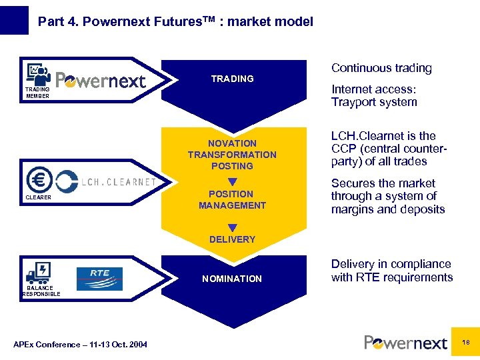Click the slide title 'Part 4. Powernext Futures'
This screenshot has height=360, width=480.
coord(175,21)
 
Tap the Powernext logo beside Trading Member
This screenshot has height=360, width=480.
coord(101,80)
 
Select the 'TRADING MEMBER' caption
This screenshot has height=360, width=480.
coord(37,93)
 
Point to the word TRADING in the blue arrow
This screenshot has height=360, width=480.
coord(232,79)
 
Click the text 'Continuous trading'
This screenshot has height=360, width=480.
coord(381,68)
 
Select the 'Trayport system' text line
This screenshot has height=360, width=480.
coord(374,102)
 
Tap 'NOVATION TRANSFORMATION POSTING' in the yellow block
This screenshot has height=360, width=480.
coord(232,155)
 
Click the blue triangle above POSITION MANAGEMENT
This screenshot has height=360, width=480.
coord(232,182)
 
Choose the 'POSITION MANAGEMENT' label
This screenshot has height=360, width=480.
coord(232,200)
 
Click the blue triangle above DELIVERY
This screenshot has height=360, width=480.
coord(232,228)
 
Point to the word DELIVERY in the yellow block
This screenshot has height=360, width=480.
coord(232,239)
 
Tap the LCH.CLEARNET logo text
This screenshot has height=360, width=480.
coord(119,181)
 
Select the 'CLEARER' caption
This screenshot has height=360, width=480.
coord(39,197)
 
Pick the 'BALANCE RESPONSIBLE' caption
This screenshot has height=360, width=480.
coord(41,291)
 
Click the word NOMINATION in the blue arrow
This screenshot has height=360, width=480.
coord(232,279)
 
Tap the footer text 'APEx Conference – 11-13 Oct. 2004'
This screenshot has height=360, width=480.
coord(81,344)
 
